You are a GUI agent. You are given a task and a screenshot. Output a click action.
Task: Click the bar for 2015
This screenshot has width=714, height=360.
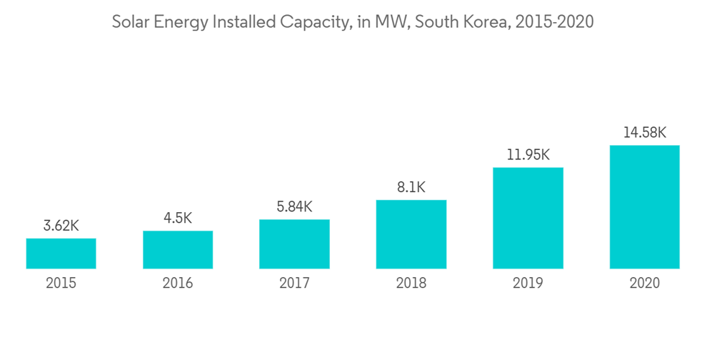pos(61,254)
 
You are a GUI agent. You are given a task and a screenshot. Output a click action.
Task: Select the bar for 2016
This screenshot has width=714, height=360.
pos(178,249)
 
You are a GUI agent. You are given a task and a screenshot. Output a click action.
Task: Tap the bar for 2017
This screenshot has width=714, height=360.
pos(294,244)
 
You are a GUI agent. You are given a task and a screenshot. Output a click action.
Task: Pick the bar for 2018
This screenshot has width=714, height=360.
pos(411,234)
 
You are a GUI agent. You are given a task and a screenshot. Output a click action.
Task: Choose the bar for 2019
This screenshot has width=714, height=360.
pos(528,218)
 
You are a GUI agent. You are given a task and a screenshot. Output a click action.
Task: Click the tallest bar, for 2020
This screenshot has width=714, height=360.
pos(644,207)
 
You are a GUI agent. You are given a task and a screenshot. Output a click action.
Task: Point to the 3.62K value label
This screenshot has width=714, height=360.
pos(61,226)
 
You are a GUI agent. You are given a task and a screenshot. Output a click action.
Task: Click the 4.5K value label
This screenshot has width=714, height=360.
pos(178,219)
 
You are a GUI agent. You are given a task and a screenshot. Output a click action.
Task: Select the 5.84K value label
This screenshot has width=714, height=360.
pos(294,207)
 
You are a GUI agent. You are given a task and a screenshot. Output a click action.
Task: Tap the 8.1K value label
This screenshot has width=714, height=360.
pos(411,188)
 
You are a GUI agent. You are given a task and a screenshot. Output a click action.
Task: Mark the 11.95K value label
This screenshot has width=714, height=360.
pos(528,155)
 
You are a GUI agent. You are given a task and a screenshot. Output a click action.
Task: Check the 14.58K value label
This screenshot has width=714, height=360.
pos(644,133)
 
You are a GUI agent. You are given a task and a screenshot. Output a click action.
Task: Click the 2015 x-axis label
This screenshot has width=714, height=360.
pos(61,284)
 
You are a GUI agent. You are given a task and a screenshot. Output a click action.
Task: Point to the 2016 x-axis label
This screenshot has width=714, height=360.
pos(178,284)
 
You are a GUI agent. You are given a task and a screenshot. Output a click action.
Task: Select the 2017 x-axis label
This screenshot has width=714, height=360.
pos(294,284)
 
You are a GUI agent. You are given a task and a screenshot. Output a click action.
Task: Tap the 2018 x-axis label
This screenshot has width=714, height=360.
pos(411,284)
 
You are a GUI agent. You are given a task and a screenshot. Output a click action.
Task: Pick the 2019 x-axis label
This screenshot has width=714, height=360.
pos(528,284)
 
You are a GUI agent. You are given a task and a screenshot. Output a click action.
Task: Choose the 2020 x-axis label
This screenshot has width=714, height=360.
pos(644,284)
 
